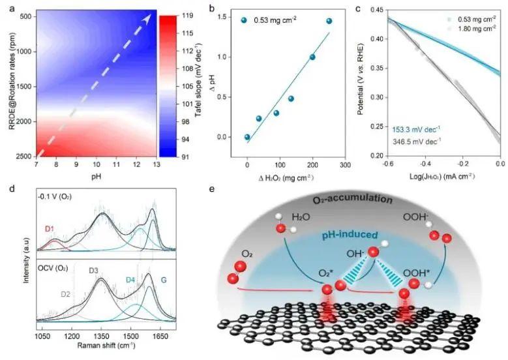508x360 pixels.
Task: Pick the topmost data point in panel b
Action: point(329,21)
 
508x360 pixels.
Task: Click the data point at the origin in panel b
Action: point(247,137)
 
